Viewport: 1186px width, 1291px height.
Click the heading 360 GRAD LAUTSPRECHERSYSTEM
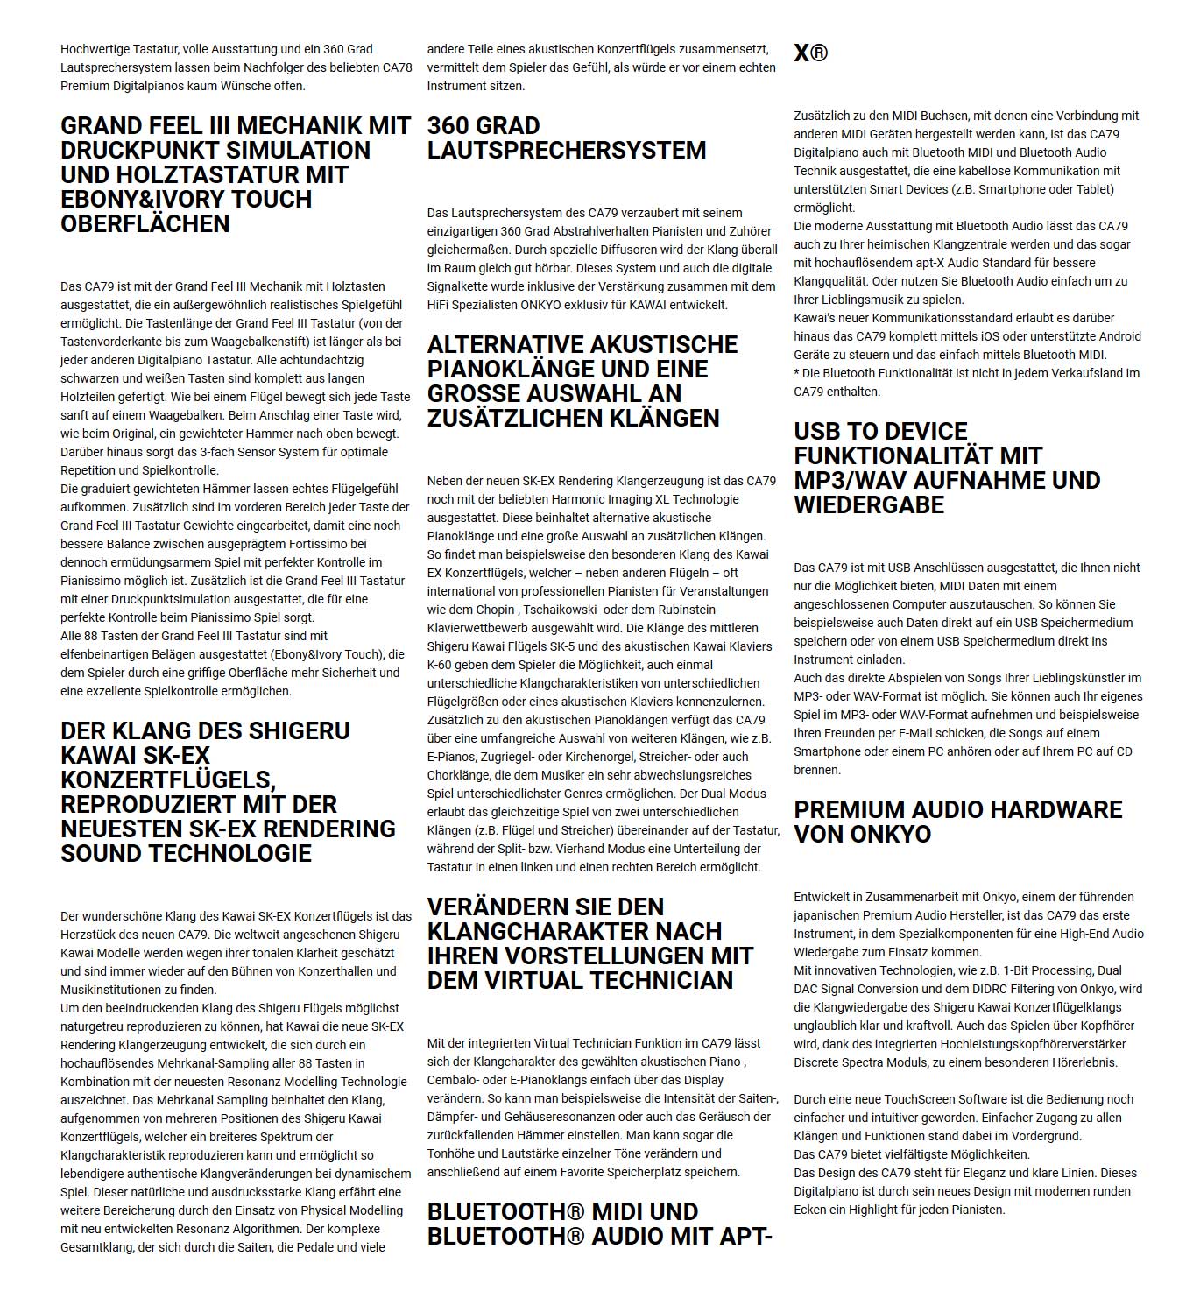566,138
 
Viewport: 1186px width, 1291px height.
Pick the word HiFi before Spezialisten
440,305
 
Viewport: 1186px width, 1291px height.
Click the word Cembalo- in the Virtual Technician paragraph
456,1080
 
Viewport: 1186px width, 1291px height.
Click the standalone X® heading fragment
810,53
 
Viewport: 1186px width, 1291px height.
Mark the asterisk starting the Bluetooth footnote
797,373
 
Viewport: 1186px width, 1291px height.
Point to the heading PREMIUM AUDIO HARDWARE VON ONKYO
957,822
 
